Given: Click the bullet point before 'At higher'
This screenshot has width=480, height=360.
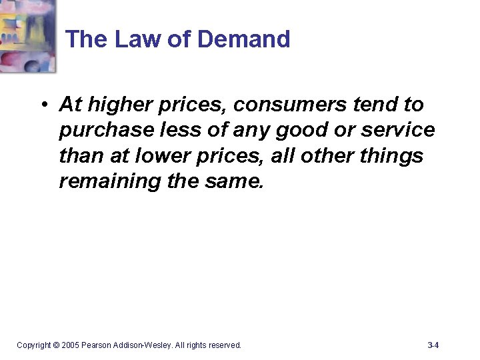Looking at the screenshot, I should tap(43, 105).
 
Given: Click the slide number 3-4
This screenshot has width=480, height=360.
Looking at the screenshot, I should tap(433, 345).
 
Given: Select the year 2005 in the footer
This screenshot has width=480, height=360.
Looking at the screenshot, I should tap(71, 345).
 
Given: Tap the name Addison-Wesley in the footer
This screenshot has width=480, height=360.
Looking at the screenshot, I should tap(143, 345).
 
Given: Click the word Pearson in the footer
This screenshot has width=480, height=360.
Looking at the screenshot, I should tap(97, 345).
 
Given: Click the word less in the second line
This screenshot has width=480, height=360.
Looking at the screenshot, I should tap(172, 130).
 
